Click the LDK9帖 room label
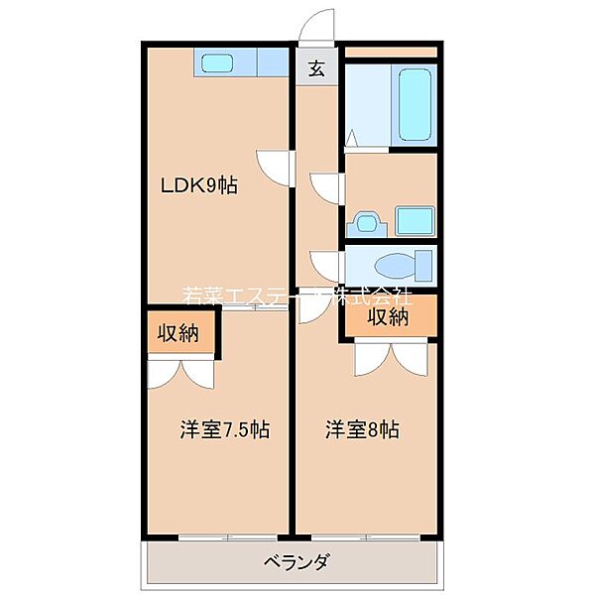pyautogui.click(x=199, y=184)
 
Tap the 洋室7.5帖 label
pyautogui.click(x=225, y=430)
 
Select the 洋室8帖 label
pyautogui.click(x=363, y=430)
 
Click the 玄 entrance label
pyautogui.click(x=316, y=68)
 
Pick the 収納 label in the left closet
pyautogui.click(x=178, y=333)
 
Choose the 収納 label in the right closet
pyautogui.click(x=389, y=317)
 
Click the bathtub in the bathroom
pyautogui.click(x=414, y=105)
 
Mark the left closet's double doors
pyautogui.click(x=179, y=373)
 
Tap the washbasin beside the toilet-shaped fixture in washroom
pyautogui.click(x=414, y=219)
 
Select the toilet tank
pyautogui.click(x=424, y=266)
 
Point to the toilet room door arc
pyautogui.click(x=327, y=263)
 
